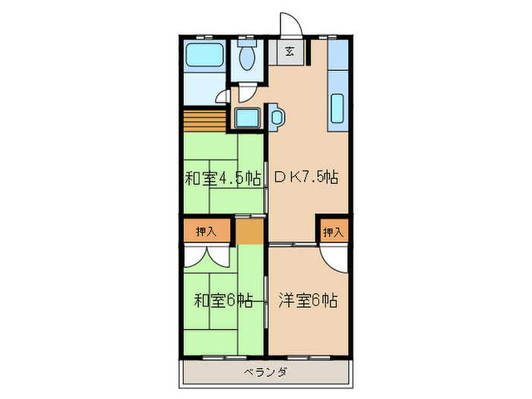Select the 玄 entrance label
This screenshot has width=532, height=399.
(x=290, y=52)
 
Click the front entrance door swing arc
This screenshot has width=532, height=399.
(x=290, y=24)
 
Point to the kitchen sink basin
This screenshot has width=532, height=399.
(x=337, y=109)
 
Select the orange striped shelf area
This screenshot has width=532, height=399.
(x=205, y=120)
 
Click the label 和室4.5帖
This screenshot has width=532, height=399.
(x=223, y=179)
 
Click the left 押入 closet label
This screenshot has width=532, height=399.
(x=206, y=231)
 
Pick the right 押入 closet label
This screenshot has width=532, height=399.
(x=333, y=231)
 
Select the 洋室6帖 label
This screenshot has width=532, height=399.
(x=307, y=299)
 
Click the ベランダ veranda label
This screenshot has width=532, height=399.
(x=265, y=372)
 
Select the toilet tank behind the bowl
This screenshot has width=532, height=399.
(x=247, y=44)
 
